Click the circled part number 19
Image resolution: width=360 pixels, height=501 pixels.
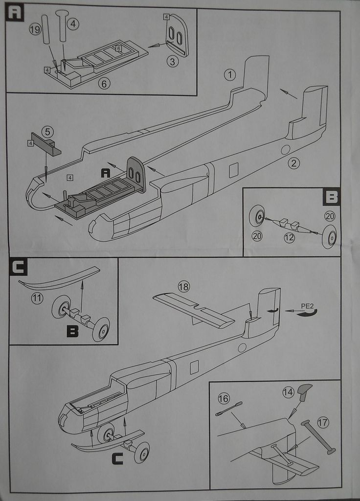pyautogui.click(x=35, y=30)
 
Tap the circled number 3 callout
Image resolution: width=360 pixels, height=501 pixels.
pyautogui.click(x=172, y=62)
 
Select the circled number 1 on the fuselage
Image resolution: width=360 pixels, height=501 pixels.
pyautogui.click(x=230, y=75)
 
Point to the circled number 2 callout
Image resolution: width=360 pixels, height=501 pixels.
pyautogui.click(x=293, y=163)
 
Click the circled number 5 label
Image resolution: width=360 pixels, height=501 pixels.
pyautogui.click(x=47, y=132)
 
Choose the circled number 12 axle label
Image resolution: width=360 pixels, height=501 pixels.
pyautogui.click(x=289, y=238)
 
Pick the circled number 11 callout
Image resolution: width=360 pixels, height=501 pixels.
pyautogui.click(x=37, y=297)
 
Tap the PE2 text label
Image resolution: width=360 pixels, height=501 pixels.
pyautogui.click(x=308, y=306)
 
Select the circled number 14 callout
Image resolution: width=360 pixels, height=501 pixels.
pyautogui.click(x=288, y=391)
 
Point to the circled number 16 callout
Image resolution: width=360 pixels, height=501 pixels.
pyautogui.click(x=224, y=399)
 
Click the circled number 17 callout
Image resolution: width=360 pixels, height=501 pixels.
pyautogui.click(x=323, y=422)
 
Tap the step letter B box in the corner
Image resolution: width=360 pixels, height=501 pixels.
pyautogui.click(x=332, y=197)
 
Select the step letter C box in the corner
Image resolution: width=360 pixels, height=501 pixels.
pyautogui.click(x=18, y=267)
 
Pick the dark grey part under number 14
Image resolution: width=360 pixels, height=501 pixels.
pyautogui.click(x=304, y=391)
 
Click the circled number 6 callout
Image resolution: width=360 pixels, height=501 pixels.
pyautogui.click(x=104, y=83)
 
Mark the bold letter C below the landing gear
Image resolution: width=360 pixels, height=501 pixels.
pyautogui.click(x=117, y=459)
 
